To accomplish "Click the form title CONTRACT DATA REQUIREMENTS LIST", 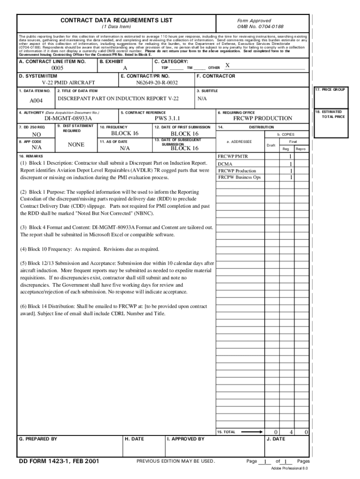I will (x=116, y=20).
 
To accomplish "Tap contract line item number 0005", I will (x=58, y=68).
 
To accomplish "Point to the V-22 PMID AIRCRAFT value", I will (x=68, y=83).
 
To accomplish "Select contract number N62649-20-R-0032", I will (x=157, y=83).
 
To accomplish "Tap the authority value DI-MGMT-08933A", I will (x=68, y=119).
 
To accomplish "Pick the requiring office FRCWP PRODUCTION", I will (x=262, y=119).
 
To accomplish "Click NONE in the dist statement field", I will (x=76, y=145).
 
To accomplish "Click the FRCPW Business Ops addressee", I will (x=239, y=177).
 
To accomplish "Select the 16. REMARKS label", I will (x=31, y=156).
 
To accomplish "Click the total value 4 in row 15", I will (x=291, y=432).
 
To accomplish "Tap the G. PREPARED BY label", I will (x=38, y=439).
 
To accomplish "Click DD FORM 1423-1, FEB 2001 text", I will (x=58, y=461).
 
